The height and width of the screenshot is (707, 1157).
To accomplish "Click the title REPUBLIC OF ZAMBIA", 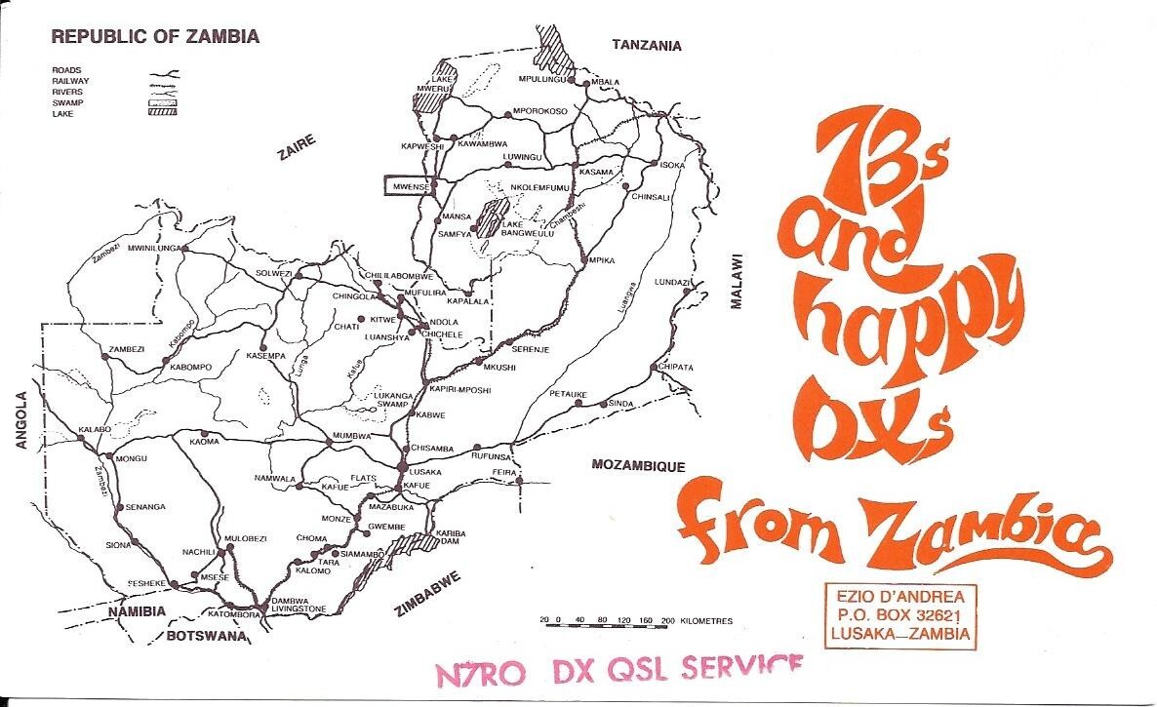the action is point(155,37).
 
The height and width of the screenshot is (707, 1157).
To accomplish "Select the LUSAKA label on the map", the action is point(426,471).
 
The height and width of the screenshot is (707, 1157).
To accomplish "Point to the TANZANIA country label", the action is point(646,45).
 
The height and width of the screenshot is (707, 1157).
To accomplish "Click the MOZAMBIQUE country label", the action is point(638,465).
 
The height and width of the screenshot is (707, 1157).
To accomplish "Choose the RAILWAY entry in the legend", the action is point(71,81).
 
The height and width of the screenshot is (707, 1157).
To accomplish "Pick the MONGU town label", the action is point(131,457).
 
